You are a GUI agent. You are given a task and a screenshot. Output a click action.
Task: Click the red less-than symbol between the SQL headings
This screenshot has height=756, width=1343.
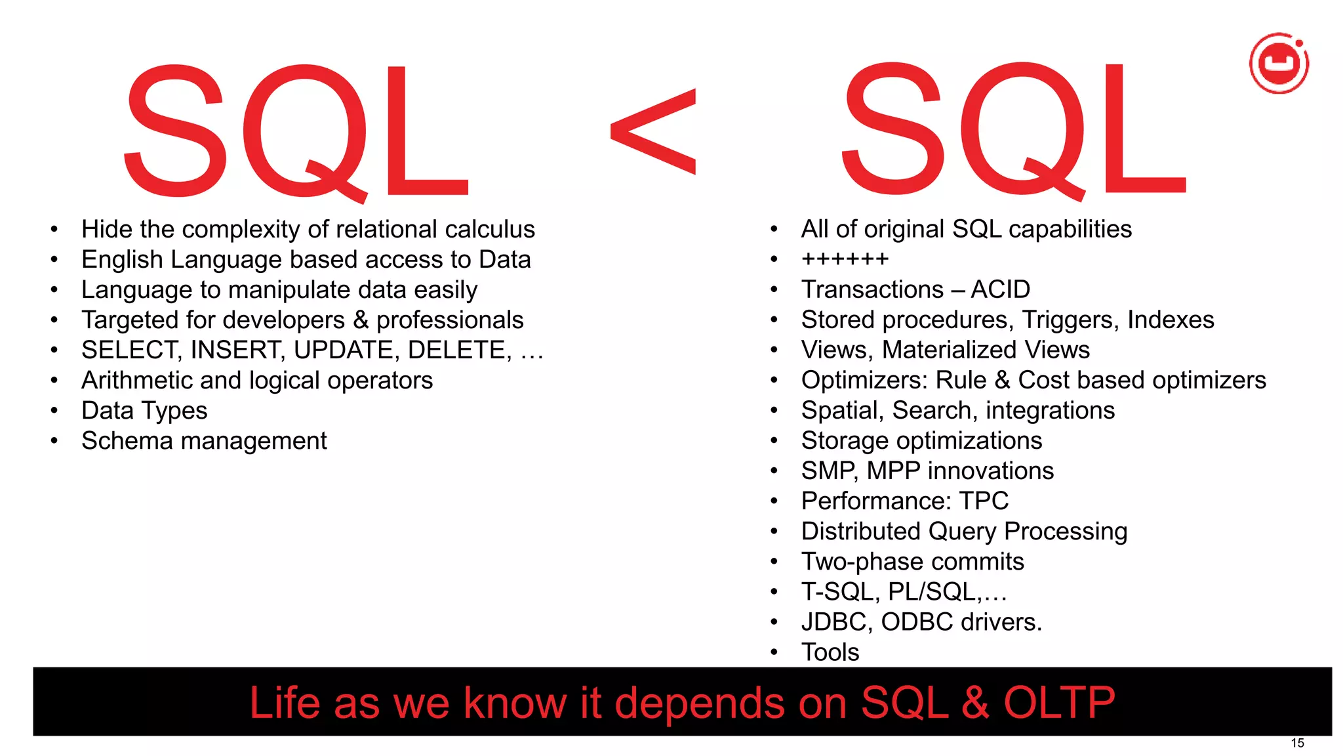pyautogui.click(x=653, y=131)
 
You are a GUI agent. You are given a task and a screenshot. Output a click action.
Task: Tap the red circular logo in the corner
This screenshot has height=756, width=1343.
pyautogui.click(x=1279, y=63)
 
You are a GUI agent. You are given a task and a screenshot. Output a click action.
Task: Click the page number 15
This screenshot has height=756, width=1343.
pyautogui.click(x=1297, y=743)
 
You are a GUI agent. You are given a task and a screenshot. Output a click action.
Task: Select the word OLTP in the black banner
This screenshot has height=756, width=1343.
pyautogui.click(x=1059, y=703)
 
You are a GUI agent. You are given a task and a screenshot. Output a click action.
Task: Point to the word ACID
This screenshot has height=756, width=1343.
pyautogui.click(x=1000, y=289)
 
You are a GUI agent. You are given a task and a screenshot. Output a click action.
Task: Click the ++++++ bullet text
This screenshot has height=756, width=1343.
pyautogui.click(x=845, y=259)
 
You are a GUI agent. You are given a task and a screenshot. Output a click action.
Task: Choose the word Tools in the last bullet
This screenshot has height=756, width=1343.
pyautogui.click(x=830, y=652)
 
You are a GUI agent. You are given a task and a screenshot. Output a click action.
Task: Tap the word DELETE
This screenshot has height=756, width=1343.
pyautogui.click(x=459, y=350)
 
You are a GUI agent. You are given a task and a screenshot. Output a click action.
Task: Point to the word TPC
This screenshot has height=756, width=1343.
pyautogui.click(x=984, y=501)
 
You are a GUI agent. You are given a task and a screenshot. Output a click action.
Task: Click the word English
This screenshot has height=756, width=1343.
pyautogui.click(x=122, y=260)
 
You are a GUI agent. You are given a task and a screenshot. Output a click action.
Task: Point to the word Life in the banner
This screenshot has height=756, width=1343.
pyautogui.click(x=286, y=703)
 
